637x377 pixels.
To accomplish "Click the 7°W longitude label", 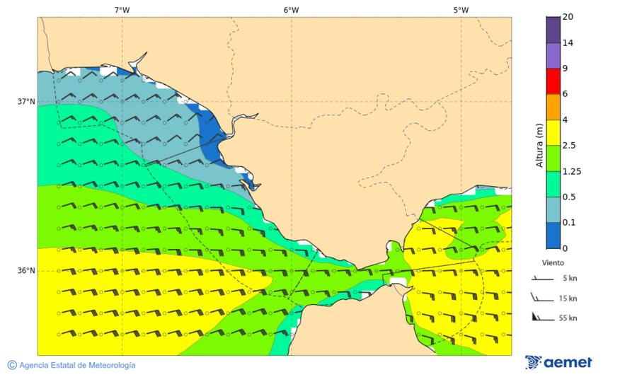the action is [x=122, y=10].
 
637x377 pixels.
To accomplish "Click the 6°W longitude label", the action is [x=291, y=10].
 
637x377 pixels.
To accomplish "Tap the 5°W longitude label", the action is [x=461, y=10].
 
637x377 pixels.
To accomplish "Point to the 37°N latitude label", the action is [x=26, y=102].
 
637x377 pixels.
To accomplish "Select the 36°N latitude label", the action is [x=26, y=271].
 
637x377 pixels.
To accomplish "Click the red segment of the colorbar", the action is [x=553, y=81].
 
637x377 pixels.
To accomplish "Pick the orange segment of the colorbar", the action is [x=553, y=107].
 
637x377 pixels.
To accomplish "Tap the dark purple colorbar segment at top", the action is [x=553, y=30].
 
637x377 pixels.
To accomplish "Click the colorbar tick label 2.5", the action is [x=568, y=146].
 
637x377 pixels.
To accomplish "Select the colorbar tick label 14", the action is [x=567, y=43].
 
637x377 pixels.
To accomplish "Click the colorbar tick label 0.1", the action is [x=568, y=223].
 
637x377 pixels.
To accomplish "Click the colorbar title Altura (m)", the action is [x=539, y=146].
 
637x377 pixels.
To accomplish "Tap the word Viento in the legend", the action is [x=553, y=262].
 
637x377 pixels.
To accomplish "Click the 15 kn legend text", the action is [x=568, y=298].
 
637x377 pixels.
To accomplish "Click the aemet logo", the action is [x=558, y=362].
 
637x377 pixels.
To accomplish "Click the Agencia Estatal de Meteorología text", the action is [x=77, y=365].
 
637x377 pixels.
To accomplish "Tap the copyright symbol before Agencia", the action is [x=12, y=365].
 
